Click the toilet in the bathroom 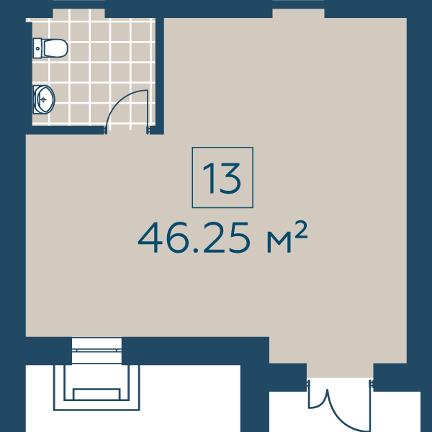50,48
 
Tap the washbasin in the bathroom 44,99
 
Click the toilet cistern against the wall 37,48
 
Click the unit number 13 222,178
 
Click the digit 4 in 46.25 151,238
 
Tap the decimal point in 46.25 196,250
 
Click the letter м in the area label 279,242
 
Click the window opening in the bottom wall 96,351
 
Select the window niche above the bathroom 78,13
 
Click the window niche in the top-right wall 298,13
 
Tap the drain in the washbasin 43,99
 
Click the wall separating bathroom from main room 160,76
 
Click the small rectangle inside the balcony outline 96,394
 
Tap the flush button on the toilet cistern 37,48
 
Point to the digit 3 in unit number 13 230,178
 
